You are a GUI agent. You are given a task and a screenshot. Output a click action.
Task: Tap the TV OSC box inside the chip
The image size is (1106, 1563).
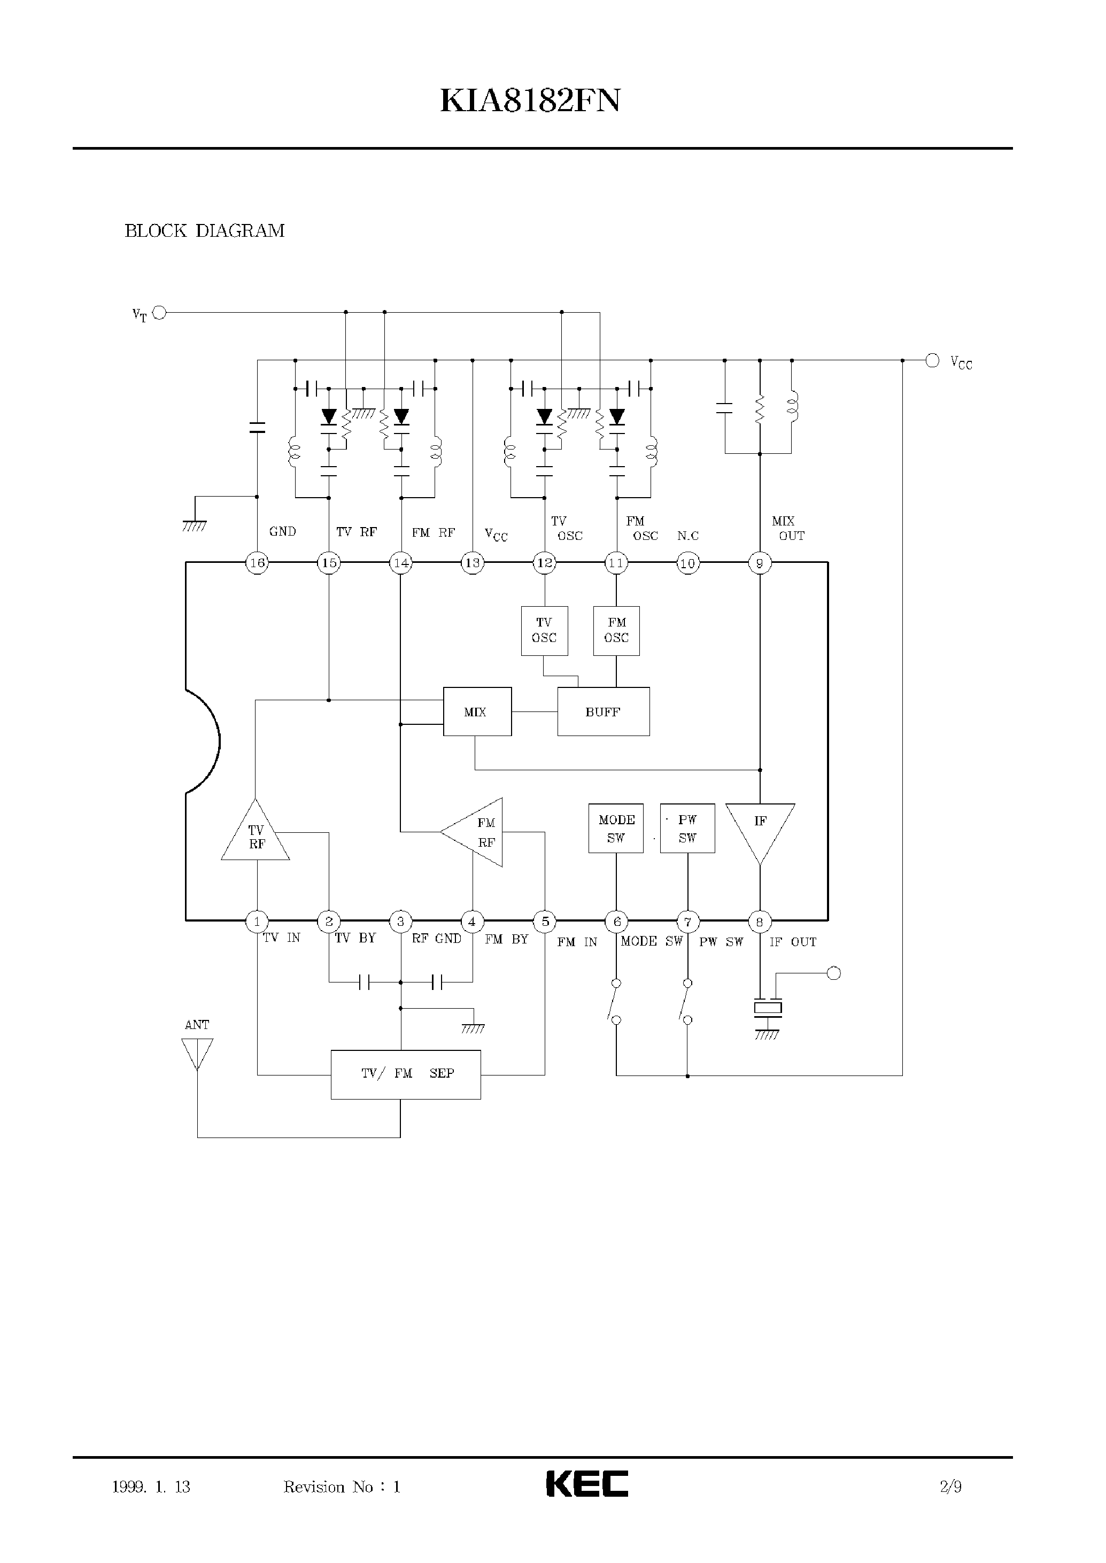pyautogui.click(x=544, y=631)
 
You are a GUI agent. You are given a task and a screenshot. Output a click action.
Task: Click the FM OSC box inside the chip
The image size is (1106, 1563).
pyautogui.click(x=616, y=631)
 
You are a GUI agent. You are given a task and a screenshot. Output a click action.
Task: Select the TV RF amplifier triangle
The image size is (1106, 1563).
pyautogui.click(x=256, y=835)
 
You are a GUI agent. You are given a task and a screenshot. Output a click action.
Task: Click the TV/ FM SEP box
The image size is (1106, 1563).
pyautogui.click(x=406, y=1074)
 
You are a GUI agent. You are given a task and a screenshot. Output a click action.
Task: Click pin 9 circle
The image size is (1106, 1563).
pyautogui.click(x=760, y=563)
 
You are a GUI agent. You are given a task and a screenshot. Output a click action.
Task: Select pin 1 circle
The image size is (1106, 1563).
pyautogui.click(x=257, y=922)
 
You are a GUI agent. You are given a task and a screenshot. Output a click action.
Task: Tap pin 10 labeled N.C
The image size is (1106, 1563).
pyautogui.click(x=688, y=563)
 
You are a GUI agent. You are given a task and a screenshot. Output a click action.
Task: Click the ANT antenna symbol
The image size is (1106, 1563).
pyautogui.click(x=197, y=1053)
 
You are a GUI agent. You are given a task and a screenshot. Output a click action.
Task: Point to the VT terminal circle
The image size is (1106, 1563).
pyautogui.click(x=159, y=313)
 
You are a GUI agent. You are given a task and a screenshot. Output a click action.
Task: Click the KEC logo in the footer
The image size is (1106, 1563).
pyautogui.click(x=587, y=1483)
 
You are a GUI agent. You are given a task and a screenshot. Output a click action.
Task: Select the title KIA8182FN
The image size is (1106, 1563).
pyautogui.click(x=530, y=102)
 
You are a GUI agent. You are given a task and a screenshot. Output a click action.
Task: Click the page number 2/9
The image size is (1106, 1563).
pyautogui.click(x=951, y=1486)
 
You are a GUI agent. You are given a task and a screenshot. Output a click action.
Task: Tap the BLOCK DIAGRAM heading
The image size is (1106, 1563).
pyautogui.click(x=204, y=231)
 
